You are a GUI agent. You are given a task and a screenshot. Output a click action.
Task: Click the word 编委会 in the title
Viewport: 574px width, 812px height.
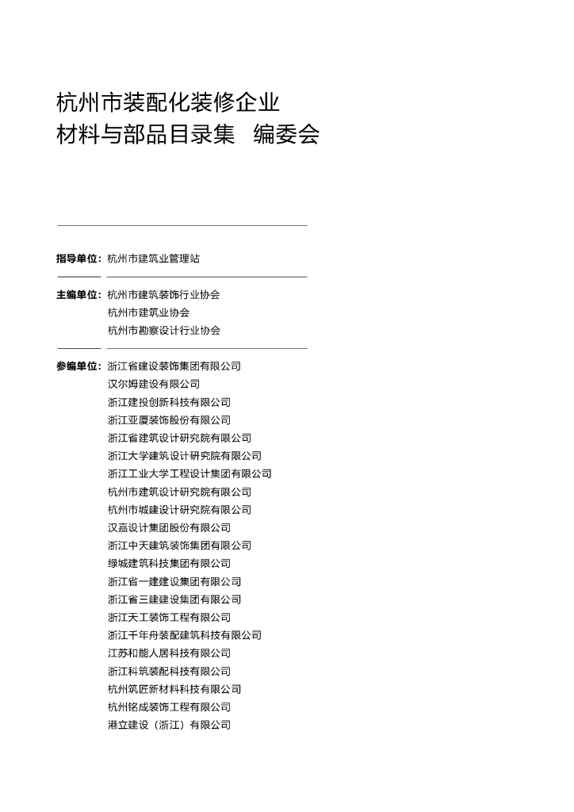[286, 135]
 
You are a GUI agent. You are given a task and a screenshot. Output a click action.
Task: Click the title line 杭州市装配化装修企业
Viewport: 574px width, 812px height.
[168, 102]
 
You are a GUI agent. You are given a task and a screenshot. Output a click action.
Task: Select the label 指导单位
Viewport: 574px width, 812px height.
[78, 259]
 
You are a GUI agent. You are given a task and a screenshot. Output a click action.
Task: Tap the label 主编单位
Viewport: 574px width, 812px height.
[78, 295]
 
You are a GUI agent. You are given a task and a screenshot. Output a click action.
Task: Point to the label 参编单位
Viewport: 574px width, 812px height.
[78, 366]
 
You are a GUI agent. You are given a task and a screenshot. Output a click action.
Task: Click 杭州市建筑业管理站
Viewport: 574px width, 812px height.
[153, 259]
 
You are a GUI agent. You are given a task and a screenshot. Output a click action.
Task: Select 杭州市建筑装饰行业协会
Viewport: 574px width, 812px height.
[163, 295]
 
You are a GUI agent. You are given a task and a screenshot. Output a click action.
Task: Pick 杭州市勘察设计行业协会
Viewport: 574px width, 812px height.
[163, 331]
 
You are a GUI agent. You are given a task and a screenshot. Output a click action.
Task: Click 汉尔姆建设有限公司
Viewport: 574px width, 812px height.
[153, 385]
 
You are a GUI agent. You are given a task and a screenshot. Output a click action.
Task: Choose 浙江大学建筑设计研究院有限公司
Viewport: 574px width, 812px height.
[184, 456]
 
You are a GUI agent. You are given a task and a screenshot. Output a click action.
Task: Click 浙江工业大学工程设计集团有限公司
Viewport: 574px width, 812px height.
[189, 474]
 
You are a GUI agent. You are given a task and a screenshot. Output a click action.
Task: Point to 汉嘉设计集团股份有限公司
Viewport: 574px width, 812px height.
[169, 528]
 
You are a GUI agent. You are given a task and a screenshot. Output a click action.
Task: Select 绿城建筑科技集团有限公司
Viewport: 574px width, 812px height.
[169, 564]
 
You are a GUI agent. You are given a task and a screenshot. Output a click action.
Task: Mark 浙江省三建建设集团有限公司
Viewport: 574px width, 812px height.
[174, 599]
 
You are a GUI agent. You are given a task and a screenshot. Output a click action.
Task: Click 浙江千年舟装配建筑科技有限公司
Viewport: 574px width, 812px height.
[184, 635]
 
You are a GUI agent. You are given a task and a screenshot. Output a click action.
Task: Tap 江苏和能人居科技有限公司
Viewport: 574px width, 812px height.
[169, 653]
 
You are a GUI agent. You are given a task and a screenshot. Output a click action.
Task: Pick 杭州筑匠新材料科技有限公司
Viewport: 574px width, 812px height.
[174, 689]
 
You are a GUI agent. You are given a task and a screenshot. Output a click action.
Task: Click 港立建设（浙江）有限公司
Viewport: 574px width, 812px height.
[169, 725]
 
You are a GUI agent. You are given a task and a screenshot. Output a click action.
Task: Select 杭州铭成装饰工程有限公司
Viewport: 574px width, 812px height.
[169, 707]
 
